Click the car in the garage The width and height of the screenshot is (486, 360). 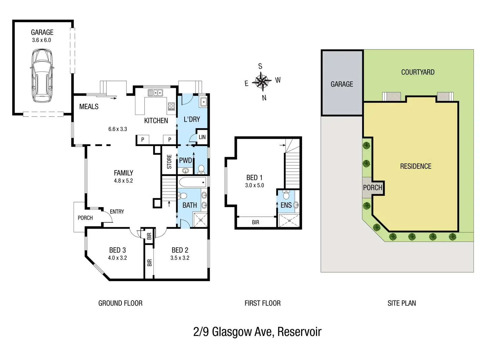[42, 75]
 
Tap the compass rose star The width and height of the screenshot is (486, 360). [262, 82]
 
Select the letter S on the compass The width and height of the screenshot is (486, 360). [260, 66]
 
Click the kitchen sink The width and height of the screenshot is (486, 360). [156, 93]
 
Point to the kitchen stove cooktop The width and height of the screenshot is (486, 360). [171, 106]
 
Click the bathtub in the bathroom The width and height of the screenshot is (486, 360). [192, 182]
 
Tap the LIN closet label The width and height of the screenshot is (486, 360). [202, 137]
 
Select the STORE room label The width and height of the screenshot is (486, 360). [169, 162]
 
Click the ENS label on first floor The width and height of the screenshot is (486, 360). [286, 205]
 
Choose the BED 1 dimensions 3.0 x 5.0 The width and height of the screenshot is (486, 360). [255, 185]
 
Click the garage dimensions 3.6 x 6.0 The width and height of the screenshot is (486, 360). [41, 40]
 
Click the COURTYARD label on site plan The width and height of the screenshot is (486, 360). [418, 72]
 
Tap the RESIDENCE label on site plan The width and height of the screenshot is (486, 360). [416, 166]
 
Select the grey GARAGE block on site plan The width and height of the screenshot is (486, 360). [342, 83]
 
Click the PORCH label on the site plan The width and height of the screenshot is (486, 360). [372, 188]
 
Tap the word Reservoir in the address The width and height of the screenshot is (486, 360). [299, 332]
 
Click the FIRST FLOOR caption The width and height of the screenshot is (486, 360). [262, 303]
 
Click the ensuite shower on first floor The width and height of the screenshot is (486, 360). [289, 221]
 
